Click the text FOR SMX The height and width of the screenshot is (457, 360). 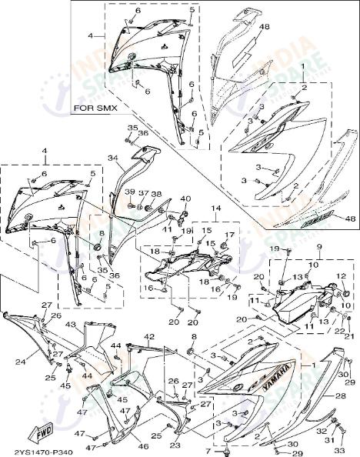[95, 109]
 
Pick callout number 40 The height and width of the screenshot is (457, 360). [185, 199]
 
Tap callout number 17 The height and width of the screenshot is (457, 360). [227, 235]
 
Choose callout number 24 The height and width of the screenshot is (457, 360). [21, 360]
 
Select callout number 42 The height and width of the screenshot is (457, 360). [149, 337]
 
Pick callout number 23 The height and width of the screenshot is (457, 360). [175, 445]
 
